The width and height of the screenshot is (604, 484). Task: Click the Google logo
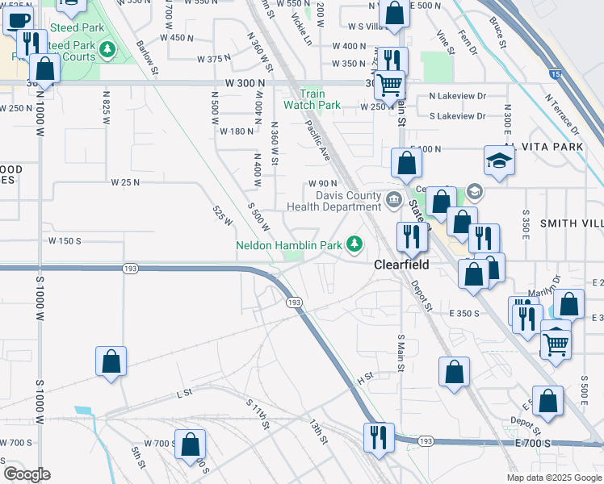(27, 474)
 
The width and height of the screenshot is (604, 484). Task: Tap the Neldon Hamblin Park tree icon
(354, 243)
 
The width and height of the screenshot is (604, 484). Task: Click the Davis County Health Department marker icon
(393, 200)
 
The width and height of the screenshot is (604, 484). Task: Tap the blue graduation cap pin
(498, 160)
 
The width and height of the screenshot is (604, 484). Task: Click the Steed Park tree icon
(107, 51)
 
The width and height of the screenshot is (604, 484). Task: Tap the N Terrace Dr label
(562, 114)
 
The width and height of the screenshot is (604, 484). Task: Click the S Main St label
(401, 353)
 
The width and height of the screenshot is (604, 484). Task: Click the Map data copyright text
(553, 478)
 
